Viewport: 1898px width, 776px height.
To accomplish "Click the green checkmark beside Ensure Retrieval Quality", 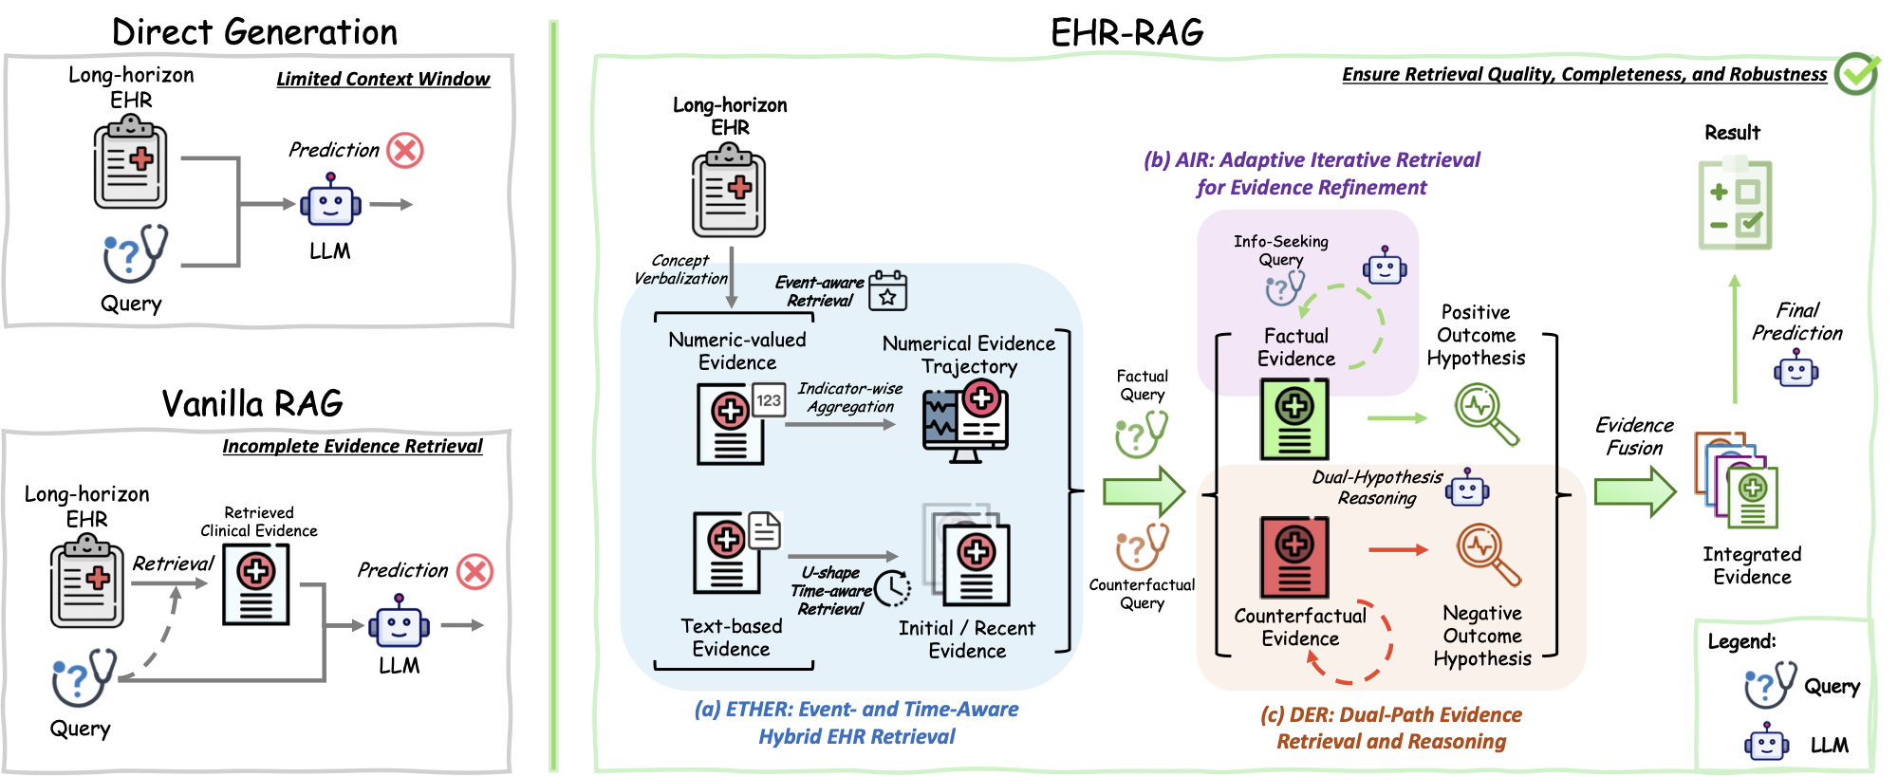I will pyautogui.click(x=1855, y=73).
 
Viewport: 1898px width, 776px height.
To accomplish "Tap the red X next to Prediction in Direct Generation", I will pyautogui.click(x=405, y=150).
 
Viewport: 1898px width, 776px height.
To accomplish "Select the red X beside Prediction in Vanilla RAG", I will pyautogui.click(x=474, y=571).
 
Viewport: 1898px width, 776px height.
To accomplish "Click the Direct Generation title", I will pyautogui.click(x=254, y=32).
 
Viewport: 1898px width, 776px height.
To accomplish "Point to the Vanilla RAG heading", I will pyautogui.click(x=252, y=403).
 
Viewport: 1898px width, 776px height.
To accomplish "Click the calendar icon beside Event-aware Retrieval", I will pyautogui.click(x=888, y=290).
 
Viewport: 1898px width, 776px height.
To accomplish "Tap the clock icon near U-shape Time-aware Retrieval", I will pyautogui.click(x=892, y=588).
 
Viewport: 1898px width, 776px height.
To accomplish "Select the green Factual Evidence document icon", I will pyautogui.click(x=1294, y=418).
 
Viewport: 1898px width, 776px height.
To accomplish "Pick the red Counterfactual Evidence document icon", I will pyautogui.click(x=1294, y=557).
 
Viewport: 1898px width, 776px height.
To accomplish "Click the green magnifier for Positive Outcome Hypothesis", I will pyautogui.click(x=1485, y=414).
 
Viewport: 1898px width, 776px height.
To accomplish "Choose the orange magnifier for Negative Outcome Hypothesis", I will pyautogui.click(x=1487, y=554).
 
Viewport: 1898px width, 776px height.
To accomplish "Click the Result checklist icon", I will pyautogui.click(x=1735, y=205).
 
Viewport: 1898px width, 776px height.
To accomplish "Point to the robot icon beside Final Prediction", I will pyautogui.click(x=1796, y=368).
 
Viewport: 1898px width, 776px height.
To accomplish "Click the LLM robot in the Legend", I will pyautogui.click(x=1767, y=743).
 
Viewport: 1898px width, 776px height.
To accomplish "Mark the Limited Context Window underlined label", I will pyautogui.click(x=382, y=79).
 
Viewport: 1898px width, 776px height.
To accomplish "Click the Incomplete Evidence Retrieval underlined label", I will pyautogui.click(x=352, y=446).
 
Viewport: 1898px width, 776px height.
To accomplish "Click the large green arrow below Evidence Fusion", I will pyautogui.click(x=1634, y=491).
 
